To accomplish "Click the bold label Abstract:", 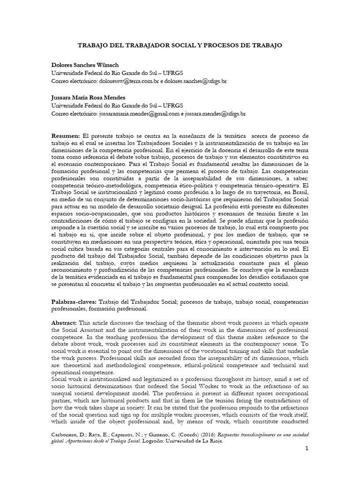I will [65, 324].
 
